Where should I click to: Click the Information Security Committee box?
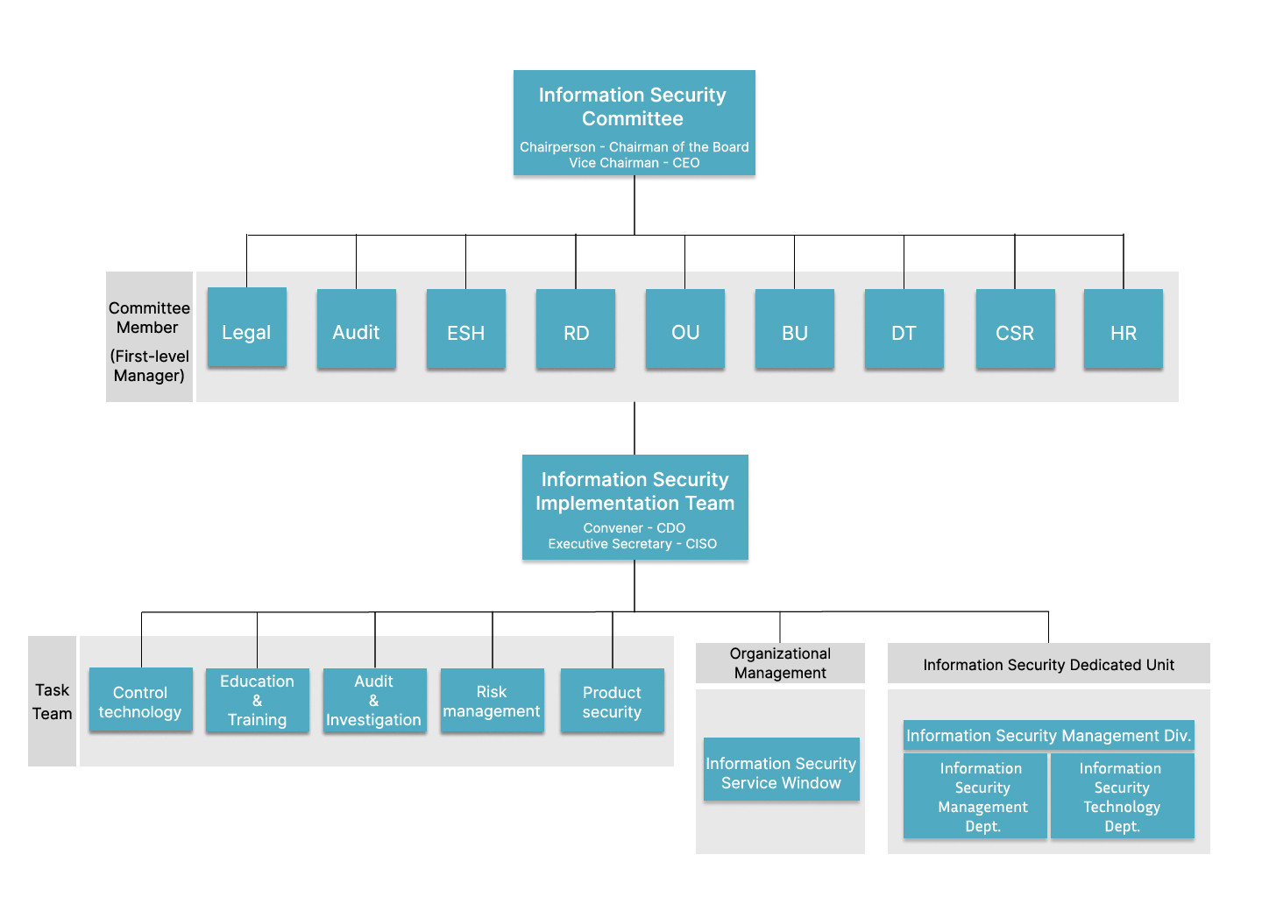[x=634, y=123]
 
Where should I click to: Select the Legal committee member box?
[x=246, y=328]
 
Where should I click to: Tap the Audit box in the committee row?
[x=356, y=328]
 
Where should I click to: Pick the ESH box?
[x=465, y=328]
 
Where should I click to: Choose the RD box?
[x=576, y=328]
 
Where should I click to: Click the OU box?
[x=685, y=328]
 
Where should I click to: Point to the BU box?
[x=795, y=328]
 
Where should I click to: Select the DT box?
[x=904, y=328]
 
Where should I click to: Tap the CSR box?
[x=1015, y=328]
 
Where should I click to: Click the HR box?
[x=1124, y=328]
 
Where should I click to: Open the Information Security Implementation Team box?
[x=635, y=507]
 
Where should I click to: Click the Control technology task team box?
[x=140, y=700]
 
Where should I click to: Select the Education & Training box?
[x=257, y=700]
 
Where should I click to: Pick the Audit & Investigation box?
[x=374, y=700]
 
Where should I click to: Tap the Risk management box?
[x=492, y=700]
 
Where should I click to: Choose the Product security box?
[x=612, y=700]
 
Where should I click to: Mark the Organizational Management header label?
[x=780, y=663]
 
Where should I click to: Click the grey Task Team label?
[x=52, y=701]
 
